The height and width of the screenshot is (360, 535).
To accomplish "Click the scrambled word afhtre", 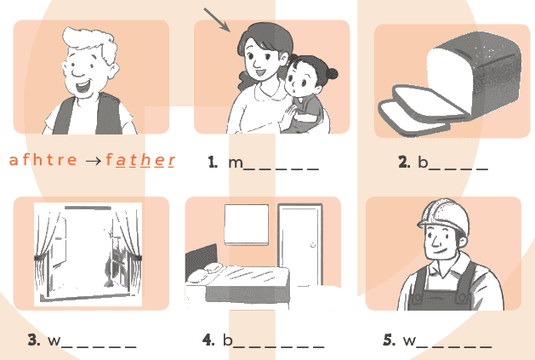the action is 43,160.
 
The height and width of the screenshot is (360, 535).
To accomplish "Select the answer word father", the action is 140,160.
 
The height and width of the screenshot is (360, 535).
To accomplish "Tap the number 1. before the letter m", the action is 213,162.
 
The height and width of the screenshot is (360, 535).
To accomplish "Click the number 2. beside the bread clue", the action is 404,162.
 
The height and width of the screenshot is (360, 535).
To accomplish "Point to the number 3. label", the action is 34,340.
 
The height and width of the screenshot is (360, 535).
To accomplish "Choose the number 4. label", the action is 208,340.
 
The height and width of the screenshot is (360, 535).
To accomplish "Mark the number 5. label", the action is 390,340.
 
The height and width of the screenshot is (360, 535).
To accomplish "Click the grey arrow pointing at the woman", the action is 217,20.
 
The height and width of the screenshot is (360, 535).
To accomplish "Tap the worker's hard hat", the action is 443,216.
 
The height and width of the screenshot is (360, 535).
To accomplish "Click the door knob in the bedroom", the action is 313,245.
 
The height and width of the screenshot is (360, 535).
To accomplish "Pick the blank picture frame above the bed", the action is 247,225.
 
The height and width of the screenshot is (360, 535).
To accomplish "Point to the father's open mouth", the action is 83,87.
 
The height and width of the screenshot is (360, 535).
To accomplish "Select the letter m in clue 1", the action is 236,163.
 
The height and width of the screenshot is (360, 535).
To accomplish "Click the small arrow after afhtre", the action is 94,161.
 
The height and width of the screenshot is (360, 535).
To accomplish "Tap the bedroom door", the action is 300,244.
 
